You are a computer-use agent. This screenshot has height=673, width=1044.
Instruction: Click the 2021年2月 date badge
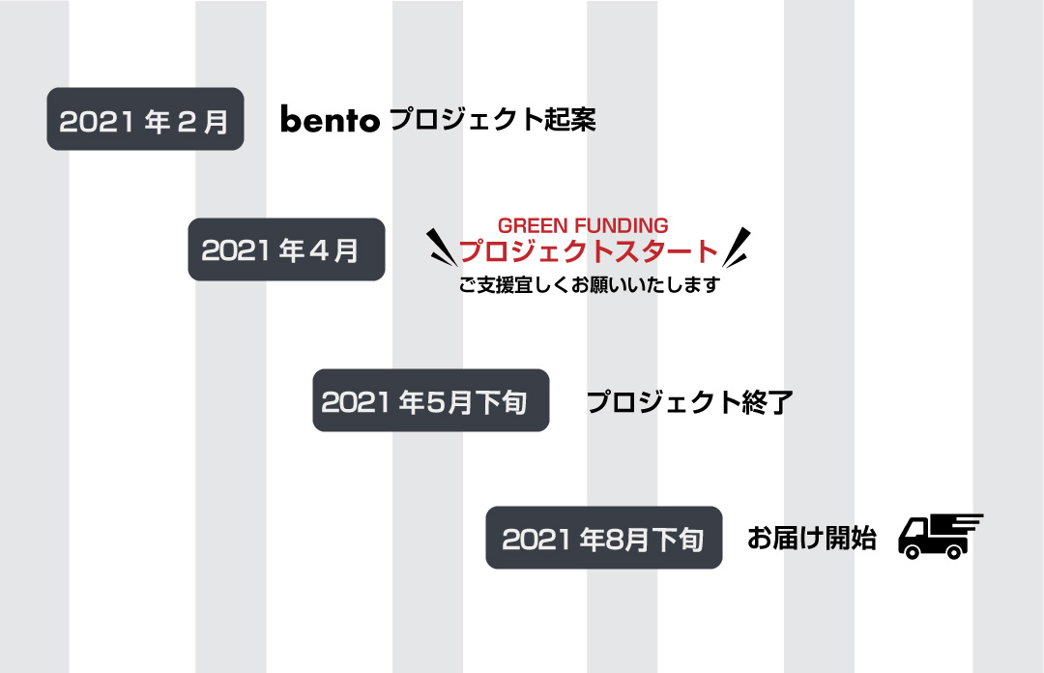(x=145, y=119)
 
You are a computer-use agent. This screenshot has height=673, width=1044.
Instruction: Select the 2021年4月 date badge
(x=286, y=249)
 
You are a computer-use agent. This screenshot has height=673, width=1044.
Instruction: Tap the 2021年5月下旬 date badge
(x=431, y=400)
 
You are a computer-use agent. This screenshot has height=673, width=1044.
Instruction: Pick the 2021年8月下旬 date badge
(x=604, y=538)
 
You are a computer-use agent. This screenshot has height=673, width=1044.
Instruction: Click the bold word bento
(x=330, y=119)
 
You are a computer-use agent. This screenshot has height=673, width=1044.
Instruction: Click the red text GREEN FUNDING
(x=583, y=225)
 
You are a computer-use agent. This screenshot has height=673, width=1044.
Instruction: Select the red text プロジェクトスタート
(x=589, y=251)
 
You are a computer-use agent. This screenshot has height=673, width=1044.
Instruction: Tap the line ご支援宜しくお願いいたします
(x=590, y=284)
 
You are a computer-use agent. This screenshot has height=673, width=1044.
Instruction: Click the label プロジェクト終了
(x=689, y=402)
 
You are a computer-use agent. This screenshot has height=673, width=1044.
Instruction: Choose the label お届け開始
(x=811, y=538)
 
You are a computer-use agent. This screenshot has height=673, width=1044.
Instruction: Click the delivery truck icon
(x=941, y=537)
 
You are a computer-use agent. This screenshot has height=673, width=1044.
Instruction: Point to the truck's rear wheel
(x=954, y=551)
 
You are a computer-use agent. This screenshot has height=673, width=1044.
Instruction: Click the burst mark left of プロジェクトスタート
(x=441, y=248)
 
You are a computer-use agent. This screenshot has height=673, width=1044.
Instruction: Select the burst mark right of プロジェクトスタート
(x=737, y=248)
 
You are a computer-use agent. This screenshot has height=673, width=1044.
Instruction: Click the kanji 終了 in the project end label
(x=767, y=402)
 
